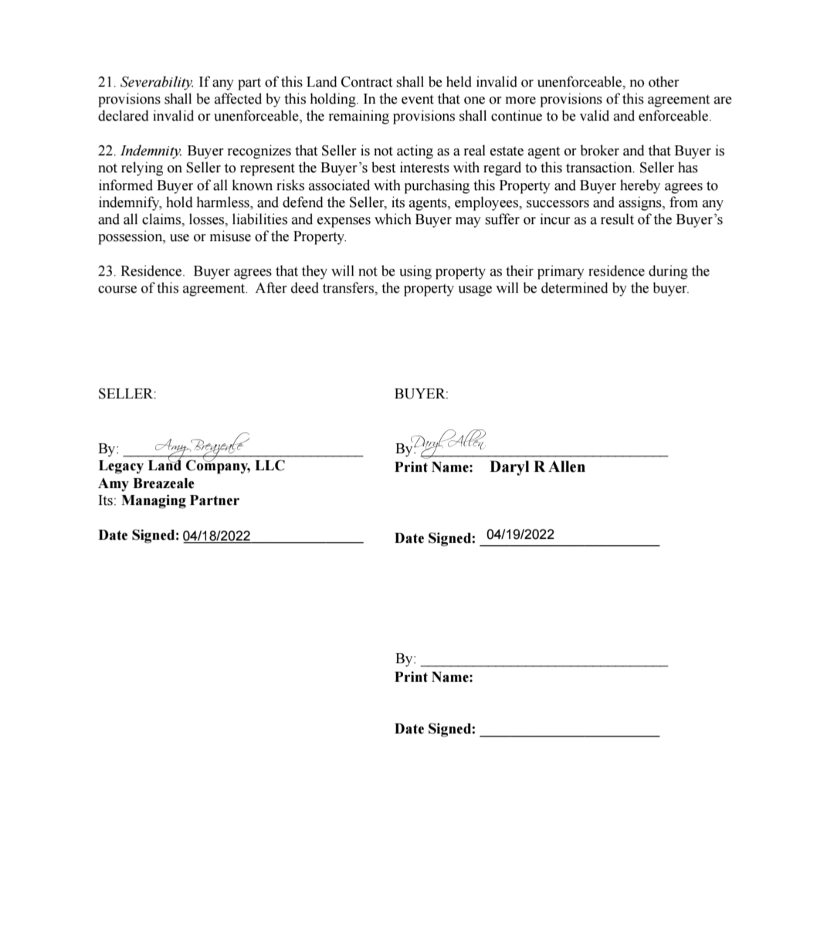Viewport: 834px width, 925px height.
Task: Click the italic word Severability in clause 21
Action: (157, 82)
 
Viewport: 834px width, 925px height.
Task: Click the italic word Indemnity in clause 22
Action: (151, 151)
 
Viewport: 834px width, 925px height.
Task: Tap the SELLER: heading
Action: (127, 394)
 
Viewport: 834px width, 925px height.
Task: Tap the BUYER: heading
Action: (422, 394)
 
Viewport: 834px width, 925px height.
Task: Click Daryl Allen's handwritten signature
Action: (452, 442)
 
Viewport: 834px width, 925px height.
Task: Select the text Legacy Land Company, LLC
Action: (192, 466)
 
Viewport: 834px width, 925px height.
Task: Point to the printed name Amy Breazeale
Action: (146, 483)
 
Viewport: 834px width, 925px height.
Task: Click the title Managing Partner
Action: (181, 500)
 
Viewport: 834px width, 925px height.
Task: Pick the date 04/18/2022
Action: (216, 536)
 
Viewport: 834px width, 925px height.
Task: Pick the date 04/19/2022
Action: (520, 534)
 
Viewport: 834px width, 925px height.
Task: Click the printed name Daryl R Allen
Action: (537, 467)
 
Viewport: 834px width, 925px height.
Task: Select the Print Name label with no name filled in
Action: (433, 677)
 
